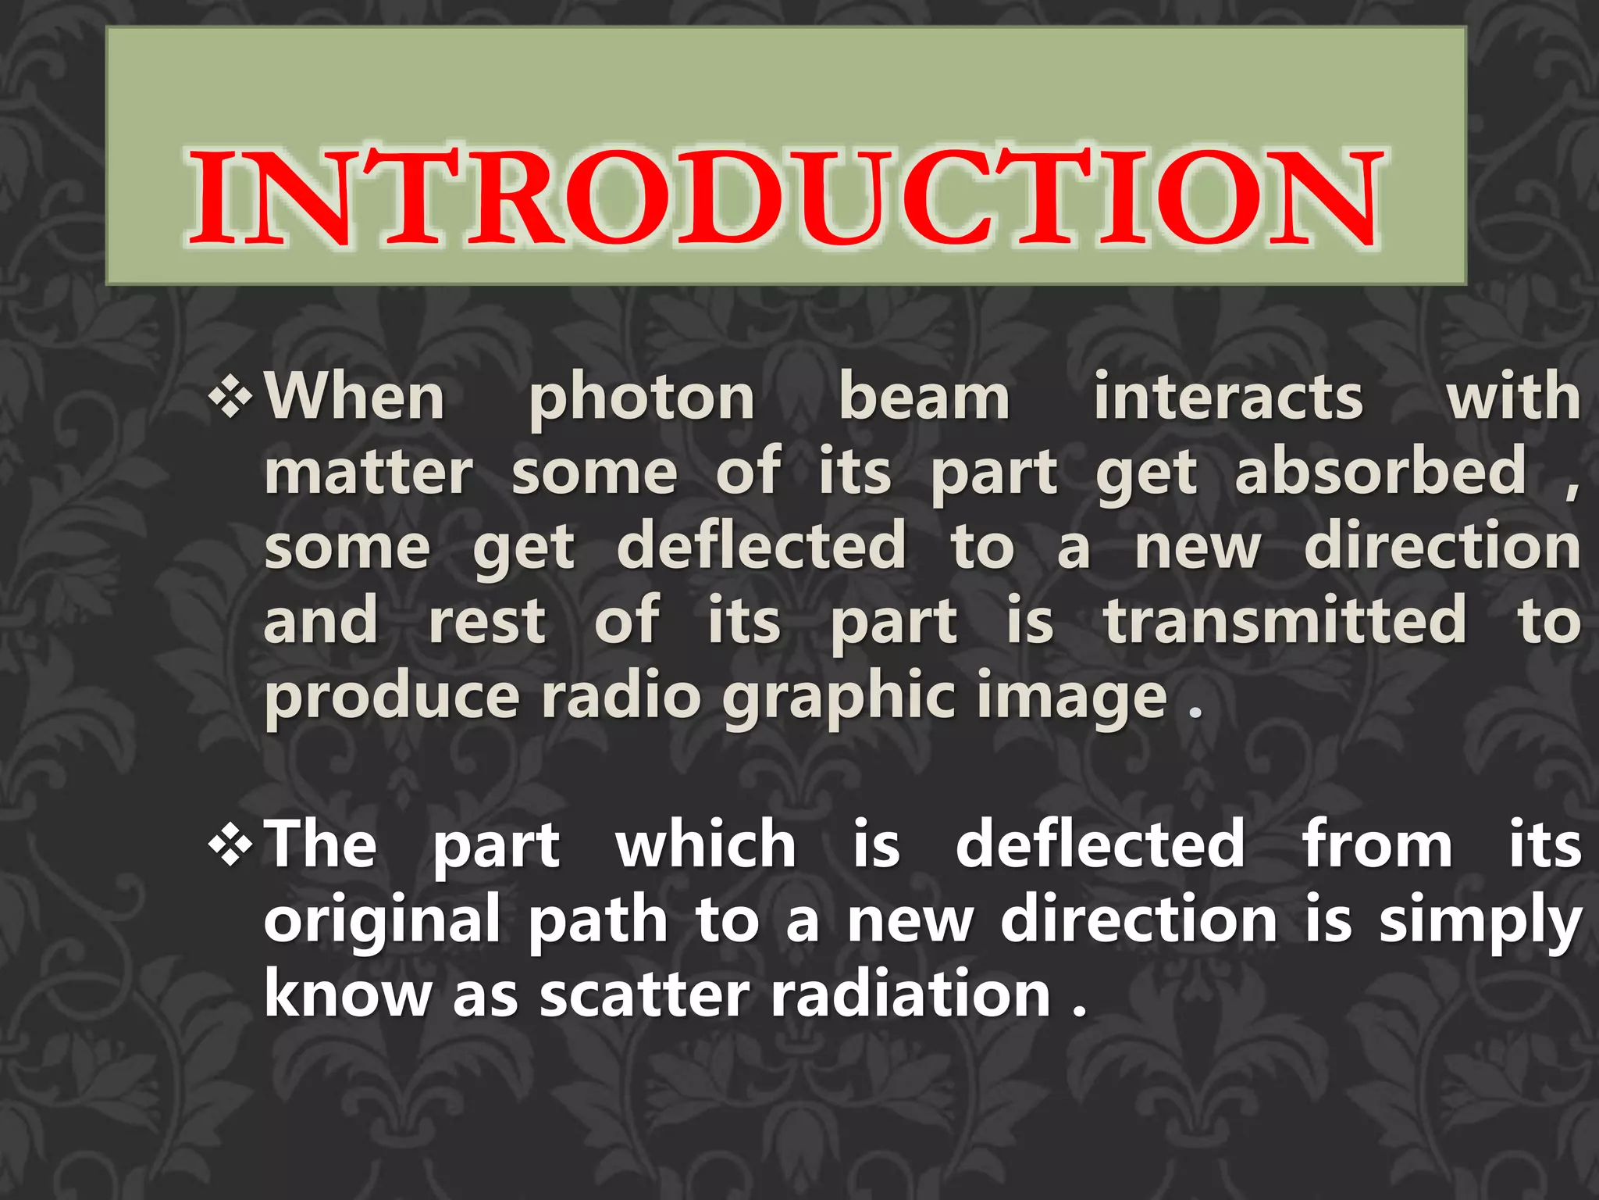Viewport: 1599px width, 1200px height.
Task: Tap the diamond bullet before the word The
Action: click(231, 846)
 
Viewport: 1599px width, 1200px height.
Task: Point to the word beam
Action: click(924, 398)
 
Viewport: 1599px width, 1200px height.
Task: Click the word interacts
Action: click(1227, 398)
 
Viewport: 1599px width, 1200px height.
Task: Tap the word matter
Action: click(369, 473)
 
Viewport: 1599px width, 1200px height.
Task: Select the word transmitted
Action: click(1285, 621)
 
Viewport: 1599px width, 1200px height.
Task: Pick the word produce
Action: click(392, 698)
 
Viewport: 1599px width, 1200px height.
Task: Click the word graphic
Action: click(837, 698)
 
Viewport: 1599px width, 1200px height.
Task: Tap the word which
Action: click(706, 845)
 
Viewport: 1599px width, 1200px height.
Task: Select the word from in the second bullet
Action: click(1377, 845)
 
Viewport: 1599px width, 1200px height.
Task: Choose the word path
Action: click(598, 920)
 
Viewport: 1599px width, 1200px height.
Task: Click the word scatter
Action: click(645, 995)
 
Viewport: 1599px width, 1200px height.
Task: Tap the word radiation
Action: click(910, 995)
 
